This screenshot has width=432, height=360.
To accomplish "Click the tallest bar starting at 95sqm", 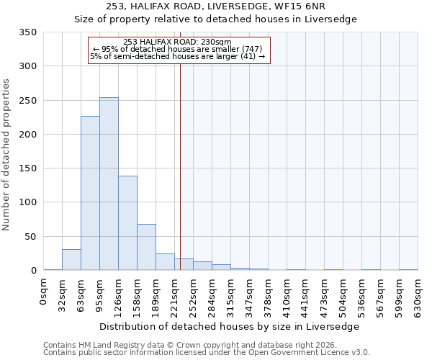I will (109, 184).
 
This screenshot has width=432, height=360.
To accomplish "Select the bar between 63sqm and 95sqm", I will (90, 193).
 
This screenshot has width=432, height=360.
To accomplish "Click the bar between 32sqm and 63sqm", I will (71, 260).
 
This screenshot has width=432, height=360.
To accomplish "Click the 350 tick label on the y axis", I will (27, 32).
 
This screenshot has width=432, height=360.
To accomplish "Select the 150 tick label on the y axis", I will (27, 168).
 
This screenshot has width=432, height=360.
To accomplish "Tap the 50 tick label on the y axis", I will (30, 237).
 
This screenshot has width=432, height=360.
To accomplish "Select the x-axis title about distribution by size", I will (228, 326).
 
